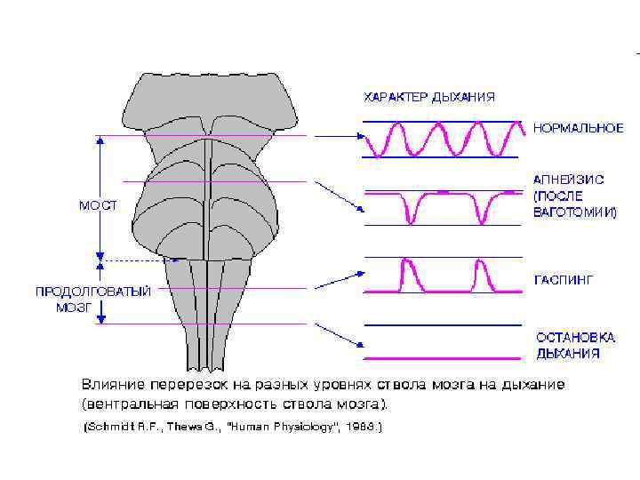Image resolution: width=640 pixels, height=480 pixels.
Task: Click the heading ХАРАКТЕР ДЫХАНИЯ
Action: coord(428,96)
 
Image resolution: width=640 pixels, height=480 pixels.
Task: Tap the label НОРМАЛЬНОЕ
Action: coord(579,128)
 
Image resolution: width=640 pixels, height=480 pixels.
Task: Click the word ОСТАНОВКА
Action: coord(575,338)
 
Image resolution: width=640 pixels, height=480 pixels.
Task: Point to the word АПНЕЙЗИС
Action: coord(569,179)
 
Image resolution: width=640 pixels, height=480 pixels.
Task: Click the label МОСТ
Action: coord(97,204)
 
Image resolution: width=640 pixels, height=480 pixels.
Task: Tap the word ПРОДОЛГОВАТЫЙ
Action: coord(92,291)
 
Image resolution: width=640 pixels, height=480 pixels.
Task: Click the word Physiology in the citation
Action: coord(298,427)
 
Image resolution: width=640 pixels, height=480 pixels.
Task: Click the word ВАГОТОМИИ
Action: coord(574,212)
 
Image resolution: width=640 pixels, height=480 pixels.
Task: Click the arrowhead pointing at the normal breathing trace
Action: coord(360,136)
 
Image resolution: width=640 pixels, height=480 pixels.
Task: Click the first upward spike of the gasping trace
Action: coord(409,267)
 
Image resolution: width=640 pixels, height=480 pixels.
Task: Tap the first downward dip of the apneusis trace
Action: coord(411,213)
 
